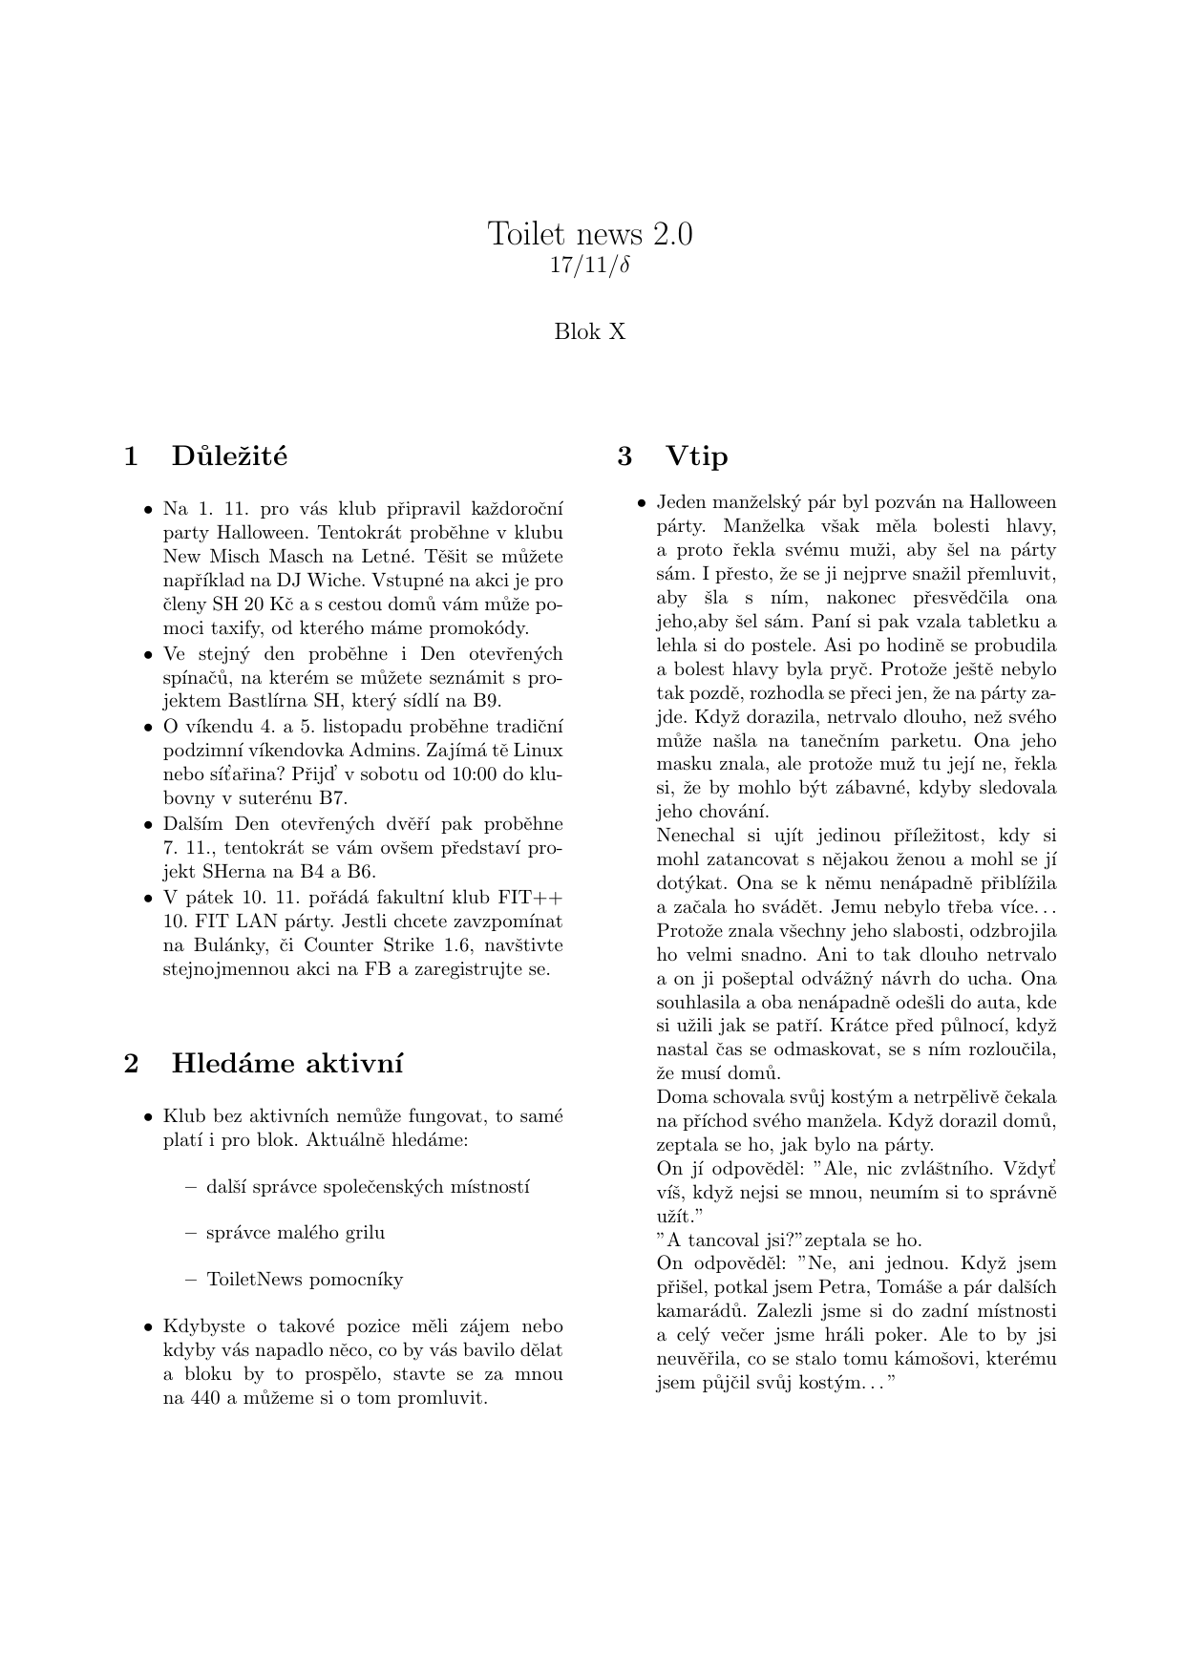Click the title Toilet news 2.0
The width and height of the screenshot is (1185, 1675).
coord(590,234)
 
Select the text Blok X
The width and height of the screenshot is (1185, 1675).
coord(590,332)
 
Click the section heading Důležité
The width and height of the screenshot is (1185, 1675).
coord(229,456)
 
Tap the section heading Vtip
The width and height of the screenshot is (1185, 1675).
coord(697,456)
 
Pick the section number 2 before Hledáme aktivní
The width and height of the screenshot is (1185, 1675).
coord(132,1064)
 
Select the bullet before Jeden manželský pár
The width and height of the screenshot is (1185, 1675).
coord(643,504)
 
